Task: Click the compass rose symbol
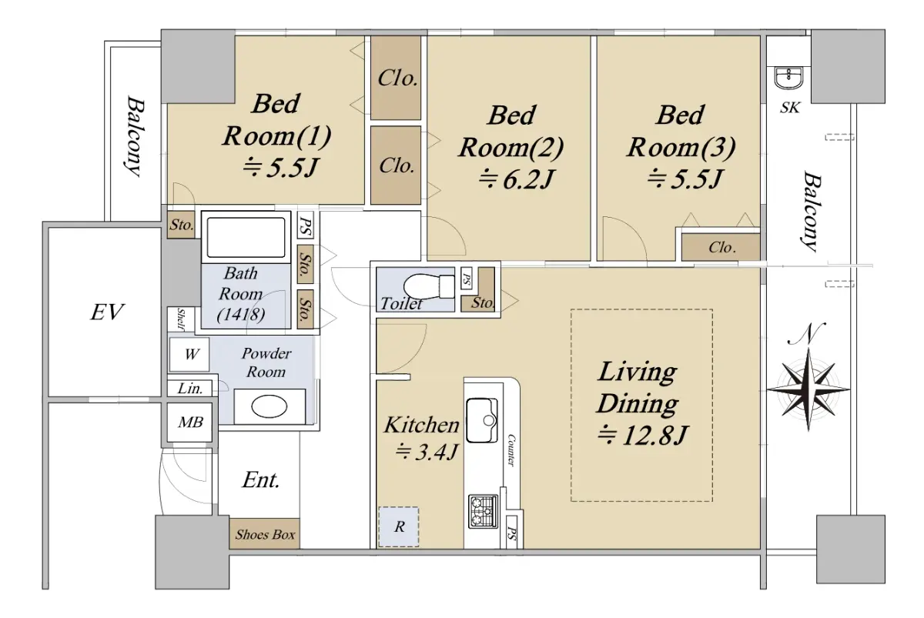point(808,389)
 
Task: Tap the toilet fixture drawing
point(429,286)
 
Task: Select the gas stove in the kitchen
point(483,512)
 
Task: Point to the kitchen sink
point(481,420)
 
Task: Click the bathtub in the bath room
point(246,238)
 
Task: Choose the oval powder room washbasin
point(269,407)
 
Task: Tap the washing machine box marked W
point(189,355)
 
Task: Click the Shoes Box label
point(265,535)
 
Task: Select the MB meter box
point(189,423)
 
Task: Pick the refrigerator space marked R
point(399,527)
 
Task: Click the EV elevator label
point(107,312)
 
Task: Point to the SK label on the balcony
point(789,108)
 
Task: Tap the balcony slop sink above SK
point(788,79)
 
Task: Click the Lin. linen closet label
point(190,389)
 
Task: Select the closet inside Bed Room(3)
point(720,247)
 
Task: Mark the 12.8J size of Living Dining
point(642,436)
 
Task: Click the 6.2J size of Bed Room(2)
point(516,179)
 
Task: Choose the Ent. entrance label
point(261,480)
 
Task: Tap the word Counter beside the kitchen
point(511,450)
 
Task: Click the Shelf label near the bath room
point(181,319)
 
